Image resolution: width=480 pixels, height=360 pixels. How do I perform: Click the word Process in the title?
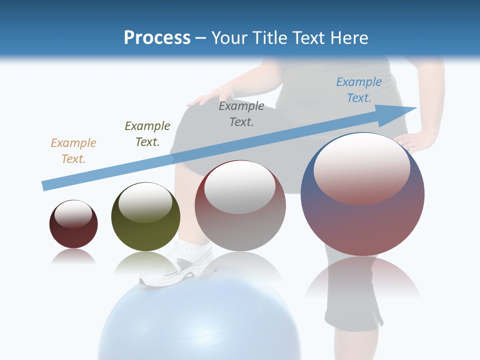pos(157,37)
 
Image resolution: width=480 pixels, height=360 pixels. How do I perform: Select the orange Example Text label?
pos(73,150)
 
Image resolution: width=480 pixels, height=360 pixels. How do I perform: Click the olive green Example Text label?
pos(147,133)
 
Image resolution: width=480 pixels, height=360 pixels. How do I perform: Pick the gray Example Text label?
pos(241,113)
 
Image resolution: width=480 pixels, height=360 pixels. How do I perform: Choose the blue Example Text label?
pos(359,89)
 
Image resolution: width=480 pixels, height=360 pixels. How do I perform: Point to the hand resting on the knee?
pos(210,95)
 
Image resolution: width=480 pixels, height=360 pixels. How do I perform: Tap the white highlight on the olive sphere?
pos(145,202)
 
